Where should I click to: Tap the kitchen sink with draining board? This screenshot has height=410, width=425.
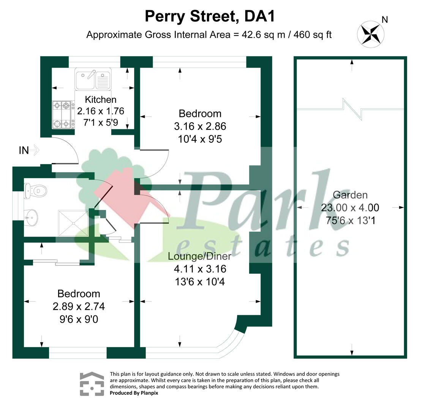click(x=93, y=80)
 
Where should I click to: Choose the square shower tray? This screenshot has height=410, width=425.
click(x=73, y=222)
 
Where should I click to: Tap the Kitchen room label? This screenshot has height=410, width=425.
click(x=100, y=100)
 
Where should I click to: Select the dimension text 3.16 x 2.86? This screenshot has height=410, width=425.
click(x=200, y=126)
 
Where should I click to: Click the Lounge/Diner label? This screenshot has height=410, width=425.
click(x=199, y=257)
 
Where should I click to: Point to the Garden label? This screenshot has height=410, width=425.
click(x=350, y=195)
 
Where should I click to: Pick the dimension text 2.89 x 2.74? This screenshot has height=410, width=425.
click(x=79, y=306)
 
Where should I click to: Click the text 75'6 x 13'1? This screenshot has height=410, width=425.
click(x=350, y=220)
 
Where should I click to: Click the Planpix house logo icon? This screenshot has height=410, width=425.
click(x=92, y=383)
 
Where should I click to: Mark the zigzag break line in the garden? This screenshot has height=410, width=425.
click(x=352, y=107)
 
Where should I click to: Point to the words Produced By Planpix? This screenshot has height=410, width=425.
click(x=134, y=393)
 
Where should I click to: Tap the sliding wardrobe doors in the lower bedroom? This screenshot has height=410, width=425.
click(x=56, y=262)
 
